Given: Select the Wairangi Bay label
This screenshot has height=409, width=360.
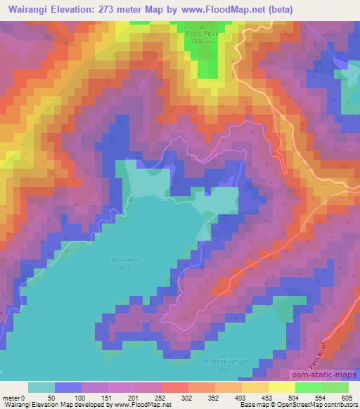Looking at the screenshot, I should (121, 264).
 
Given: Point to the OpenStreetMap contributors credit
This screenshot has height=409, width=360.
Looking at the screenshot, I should (316, 404).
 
